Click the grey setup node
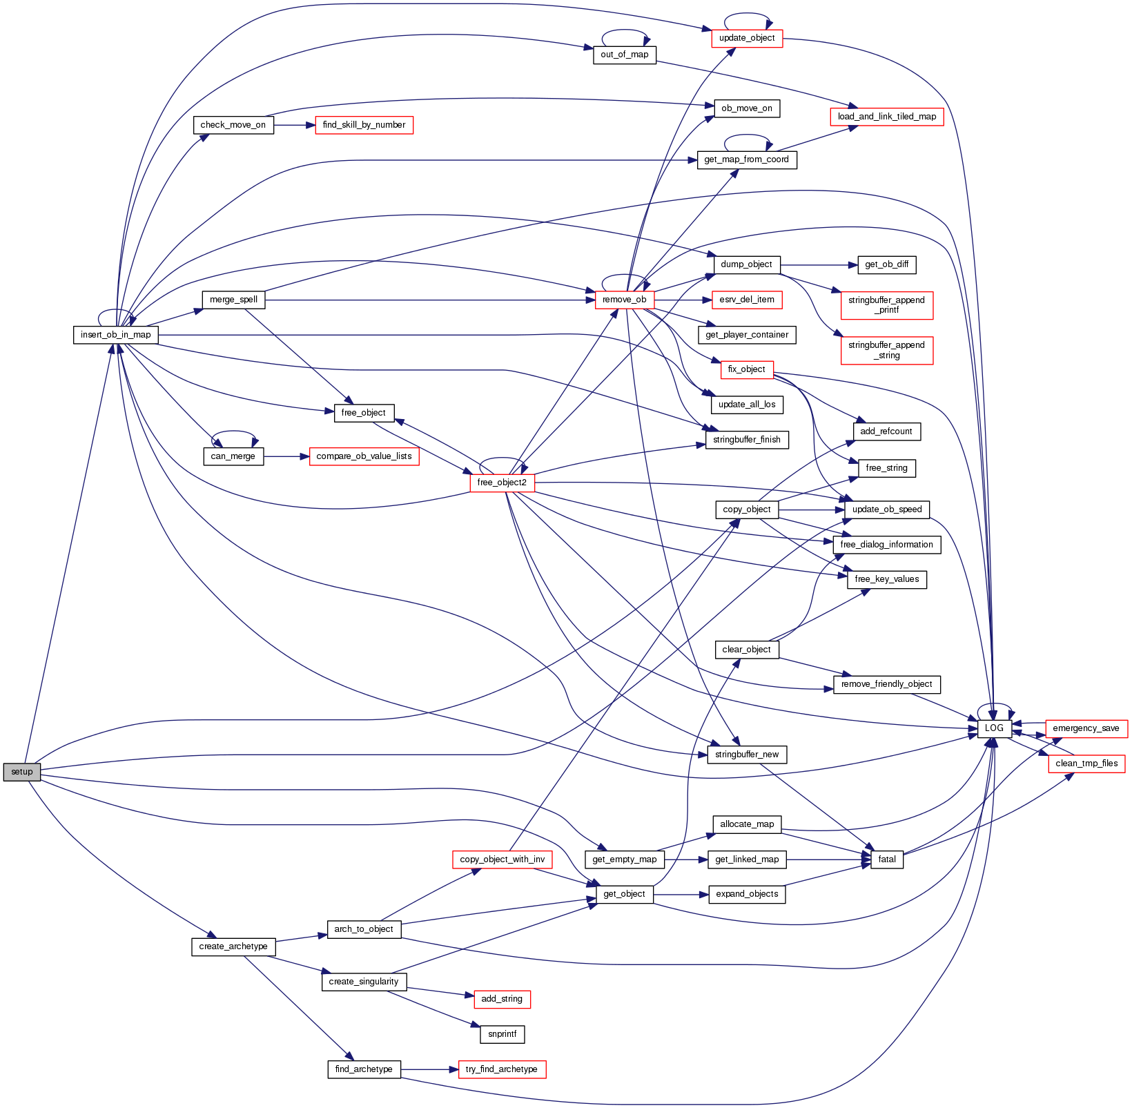click(x=21, y=772)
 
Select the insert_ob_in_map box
click(x=116, y=335)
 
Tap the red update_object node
click(x=747, y=38)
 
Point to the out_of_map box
click(x=624, y=55)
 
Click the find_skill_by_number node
click(x=364, y=125)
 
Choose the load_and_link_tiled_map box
click(x=886, y=117)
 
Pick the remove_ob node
click(x=624, y=300)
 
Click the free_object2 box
click(x=502, y=483)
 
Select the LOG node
click(x=994, y=728)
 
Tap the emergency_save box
click(x=1086, y=728)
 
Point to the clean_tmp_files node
click(x=1086, y=764)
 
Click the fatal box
click(x=887, y=859)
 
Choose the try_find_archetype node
click(x=501, y=1069)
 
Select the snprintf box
click(x=502, y=1034)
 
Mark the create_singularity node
click(x=364, y=982)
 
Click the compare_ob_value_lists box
click(x=364, y=456)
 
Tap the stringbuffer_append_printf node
click(x=886, y=305)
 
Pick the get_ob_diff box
click(x=886, y=264)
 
